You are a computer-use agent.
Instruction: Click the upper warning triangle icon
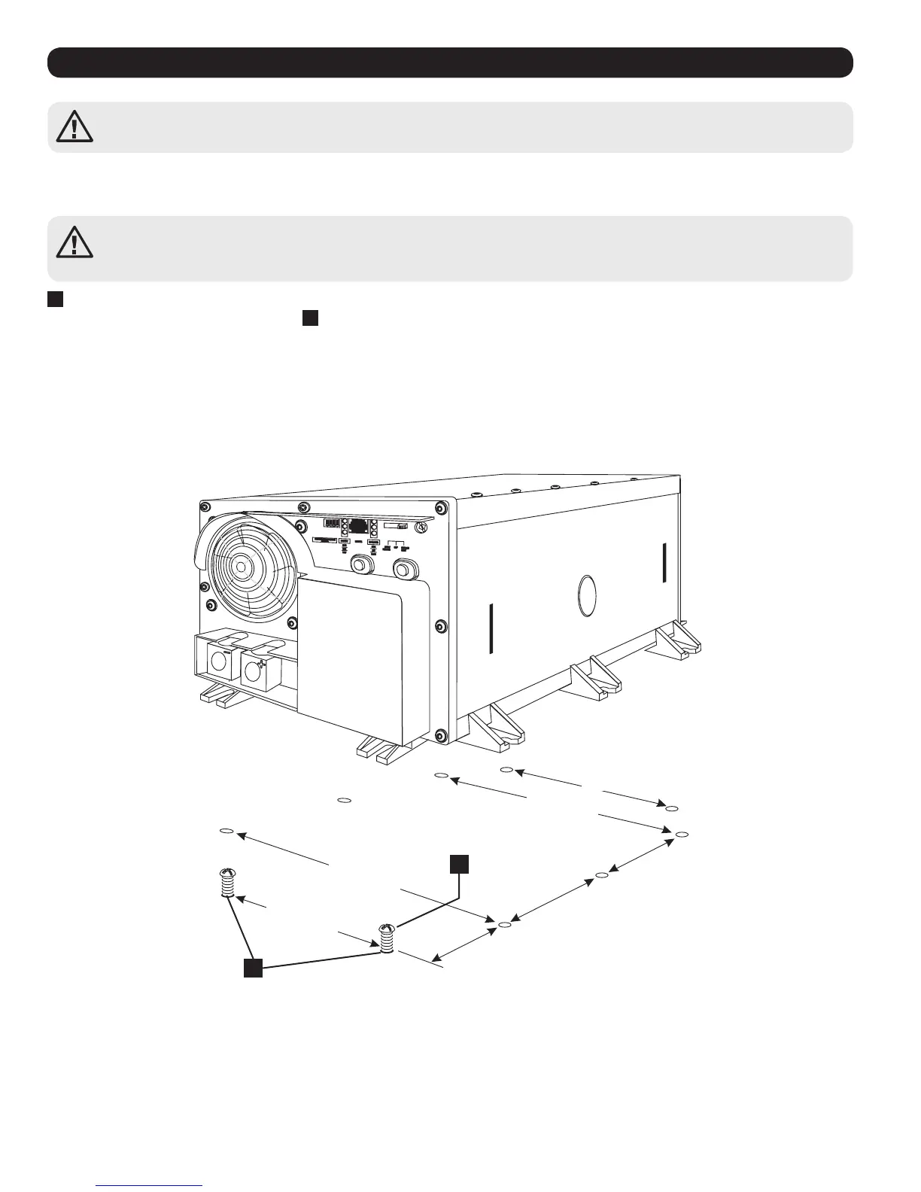[74, 126]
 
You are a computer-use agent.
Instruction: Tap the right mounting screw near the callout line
[387, 937]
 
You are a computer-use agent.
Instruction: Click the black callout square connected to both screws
[253, 968]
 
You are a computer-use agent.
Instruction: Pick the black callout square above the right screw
[460, 864]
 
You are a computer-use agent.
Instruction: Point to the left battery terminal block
[220, 663]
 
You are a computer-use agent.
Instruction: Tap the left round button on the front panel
[363, 565]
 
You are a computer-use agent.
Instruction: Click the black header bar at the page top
[450, 62]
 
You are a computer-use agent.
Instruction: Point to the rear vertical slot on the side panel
[664, 562]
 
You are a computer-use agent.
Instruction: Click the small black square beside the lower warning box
[55, 299]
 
